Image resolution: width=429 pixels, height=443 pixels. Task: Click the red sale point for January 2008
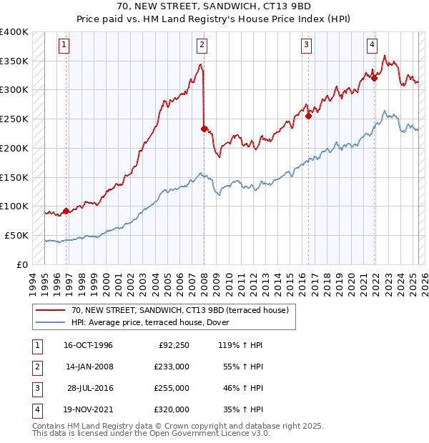click(x=204, y=129)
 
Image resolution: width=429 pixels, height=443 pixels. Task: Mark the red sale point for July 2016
click(x=309, y=116)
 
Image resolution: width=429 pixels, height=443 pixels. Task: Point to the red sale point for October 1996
click(x=66, y=211)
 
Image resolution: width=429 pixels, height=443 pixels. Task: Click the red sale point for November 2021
click(x=374, y=78)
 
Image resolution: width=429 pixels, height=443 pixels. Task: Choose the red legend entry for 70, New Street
click(x=179, y=310)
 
